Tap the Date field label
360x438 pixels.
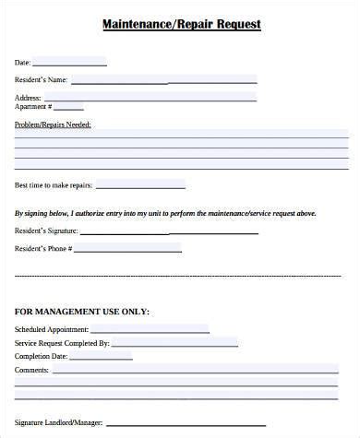point(22,63)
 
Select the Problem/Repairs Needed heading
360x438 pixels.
point(53,123)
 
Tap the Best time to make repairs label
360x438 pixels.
point(52,186)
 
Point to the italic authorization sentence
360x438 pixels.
point(165,213)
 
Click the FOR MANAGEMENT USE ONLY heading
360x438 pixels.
point(82,311)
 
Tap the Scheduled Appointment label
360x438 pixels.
point(52,329)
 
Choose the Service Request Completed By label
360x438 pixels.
point(62,343)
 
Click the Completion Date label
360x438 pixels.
point(41,356)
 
